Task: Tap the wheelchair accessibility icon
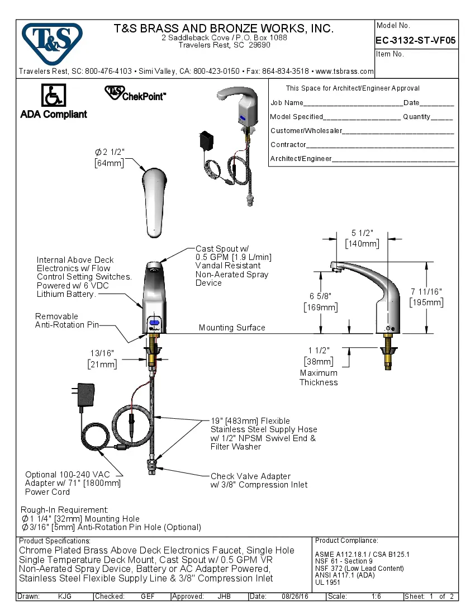click(x=54, y=96)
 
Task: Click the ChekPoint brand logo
click(x=135, y=94)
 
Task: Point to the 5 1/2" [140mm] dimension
click(x=362, y=238)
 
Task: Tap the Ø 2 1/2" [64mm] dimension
click(x=109, y=158)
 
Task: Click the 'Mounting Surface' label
click(x=232, y=328)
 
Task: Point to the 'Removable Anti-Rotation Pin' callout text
click(x=67, y=320)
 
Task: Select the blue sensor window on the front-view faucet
click(x=154, y=323)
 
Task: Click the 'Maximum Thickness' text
click(x=319, y=377)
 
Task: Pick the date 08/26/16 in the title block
click(x=296, y=597)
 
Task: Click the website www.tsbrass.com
click(x=345, y=71)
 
